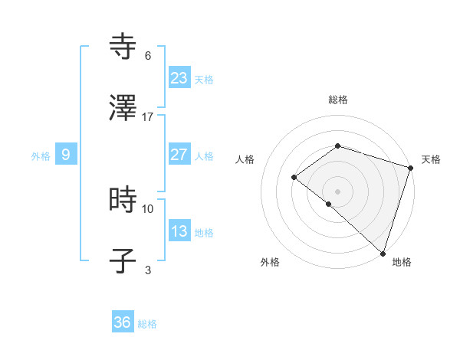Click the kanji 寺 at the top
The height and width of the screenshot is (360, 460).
coord(123,47)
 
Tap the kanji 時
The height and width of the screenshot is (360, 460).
coord(123,200)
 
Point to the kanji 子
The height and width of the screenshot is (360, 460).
coord(123,261)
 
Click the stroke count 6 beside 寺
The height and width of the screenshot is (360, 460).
coord(148,56)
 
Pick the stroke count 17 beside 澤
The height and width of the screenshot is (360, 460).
coord(148,116)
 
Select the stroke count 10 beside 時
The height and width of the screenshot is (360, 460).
coord(148,208)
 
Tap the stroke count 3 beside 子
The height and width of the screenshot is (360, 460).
coord(148,270)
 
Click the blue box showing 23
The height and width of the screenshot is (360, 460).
coord(179,78)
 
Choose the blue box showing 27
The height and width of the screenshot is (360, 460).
coord(179,155)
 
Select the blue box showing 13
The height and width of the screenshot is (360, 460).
coord(179,231)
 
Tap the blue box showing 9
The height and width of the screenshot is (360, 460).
coord(66,155)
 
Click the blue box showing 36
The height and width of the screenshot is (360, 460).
coord(123,322)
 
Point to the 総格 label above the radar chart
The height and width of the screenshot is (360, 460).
coord(337,100)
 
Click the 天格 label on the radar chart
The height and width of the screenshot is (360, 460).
coord(431,159)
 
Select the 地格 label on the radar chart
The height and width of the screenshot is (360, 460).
coord(402,262)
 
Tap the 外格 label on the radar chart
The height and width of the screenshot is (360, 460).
coord(270,262)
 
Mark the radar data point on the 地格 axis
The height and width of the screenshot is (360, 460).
coord(383,253)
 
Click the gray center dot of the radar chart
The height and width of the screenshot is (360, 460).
coord(337,191)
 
